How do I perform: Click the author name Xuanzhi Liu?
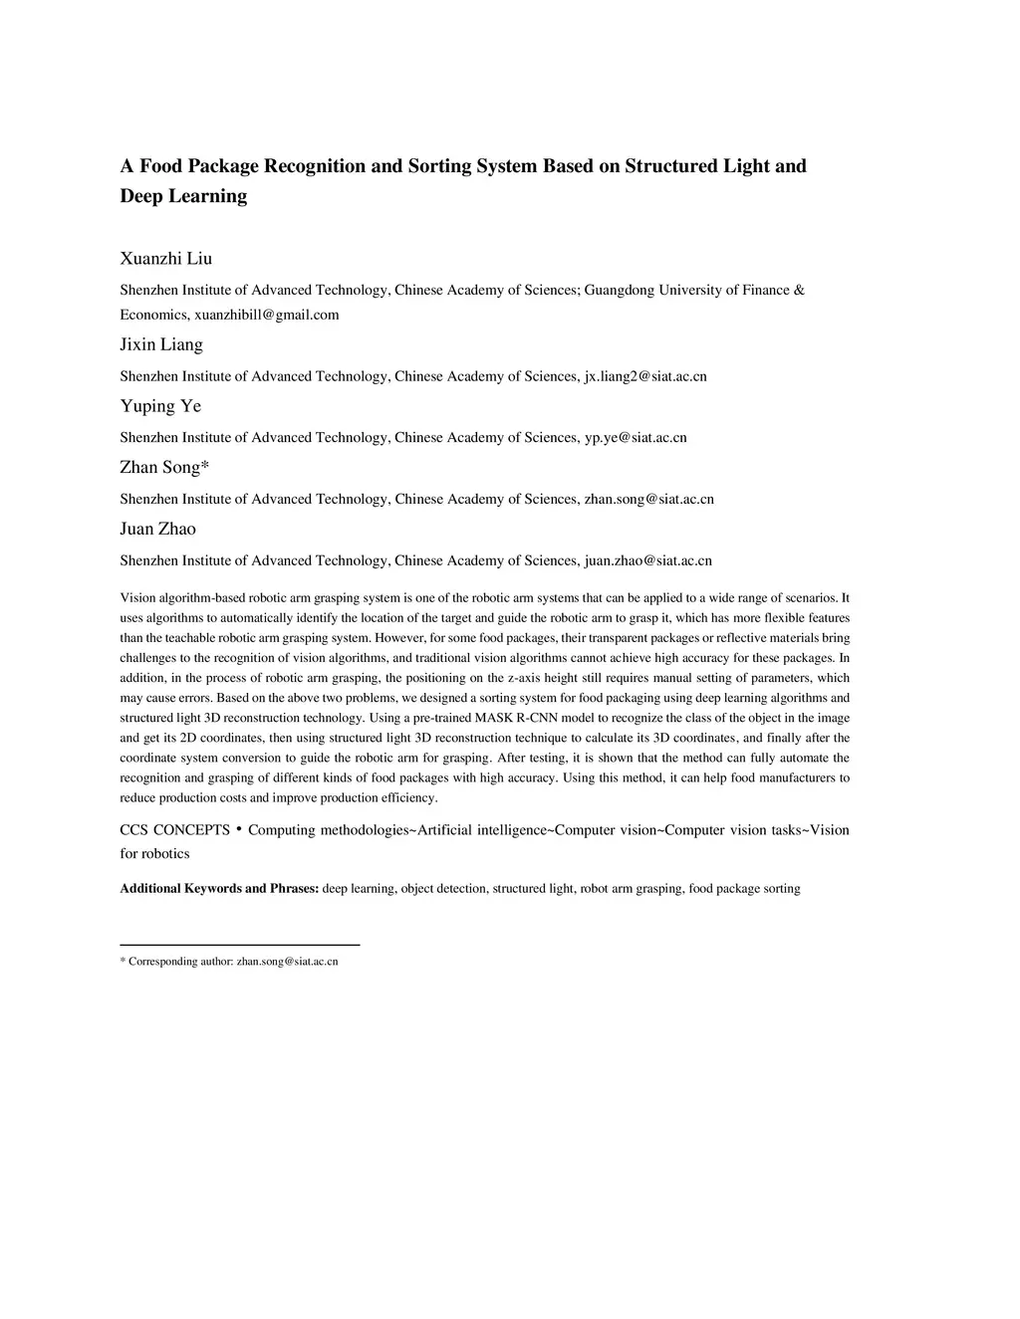[x=165, y=259]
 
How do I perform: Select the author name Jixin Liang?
[x=161, y=344]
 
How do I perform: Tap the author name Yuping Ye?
[x=160, y=406]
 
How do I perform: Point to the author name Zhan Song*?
[x=164, y=467]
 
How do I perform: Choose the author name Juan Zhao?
[x=157, y=529]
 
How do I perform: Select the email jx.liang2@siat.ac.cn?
[x=645, y=376]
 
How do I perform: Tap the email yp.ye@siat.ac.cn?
[x=636, y=437]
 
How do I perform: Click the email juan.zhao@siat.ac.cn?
[x=647, y=560]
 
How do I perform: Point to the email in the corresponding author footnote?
[x=287, y=962]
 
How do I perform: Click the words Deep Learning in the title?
[x=183, y=196]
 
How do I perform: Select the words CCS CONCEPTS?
[x=174, y=830]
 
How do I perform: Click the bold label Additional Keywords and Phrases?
[x=219, y=888]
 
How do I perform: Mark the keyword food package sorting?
[x=744, y=888]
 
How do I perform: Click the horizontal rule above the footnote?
[x=239, y=944]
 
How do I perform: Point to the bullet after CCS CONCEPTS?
[x=239, y=828]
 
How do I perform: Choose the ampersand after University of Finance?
[x=799, y=290]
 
